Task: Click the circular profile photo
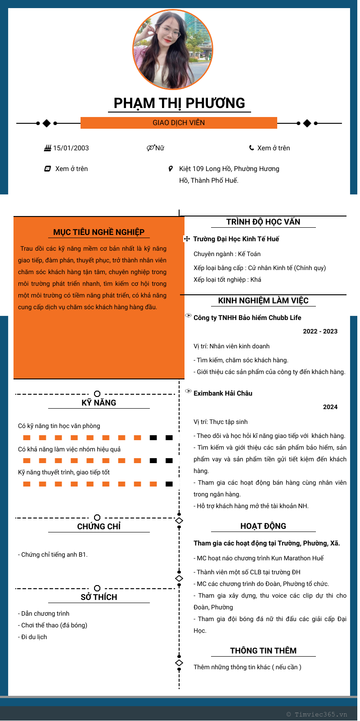pos(173,50)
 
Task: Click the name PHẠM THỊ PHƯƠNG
pos(179,103)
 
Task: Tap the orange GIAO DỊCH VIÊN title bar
pos(179,123)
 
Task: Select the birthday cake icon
pos(47,148)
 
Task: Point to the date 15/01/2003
pos(71,148)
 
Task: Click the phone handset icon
pos(252,148)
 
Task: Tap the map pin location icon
pos(171,169)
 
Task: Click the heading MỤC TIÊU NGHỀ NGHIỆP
pos(99,232)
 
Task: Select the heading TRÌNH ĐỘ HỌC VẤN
pos(263,222)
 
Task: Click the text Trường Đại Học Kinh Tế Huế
pos(236,239)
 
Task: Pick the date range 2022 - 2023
pos(320,331)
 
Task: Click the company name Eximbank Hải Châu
pos(223,393)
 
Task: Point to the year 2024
pos(330,407)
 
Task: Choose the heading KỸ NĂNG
pos(99,403)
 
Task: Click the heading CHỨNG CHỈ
pos(99,527)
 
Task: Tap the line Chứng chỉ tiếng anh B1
pos(53,554)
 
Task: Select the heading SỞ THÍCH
pos(99,597)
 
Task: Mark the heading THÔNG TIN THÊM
pos(263,651)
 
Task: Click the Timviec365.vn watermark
pos(317,714)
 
